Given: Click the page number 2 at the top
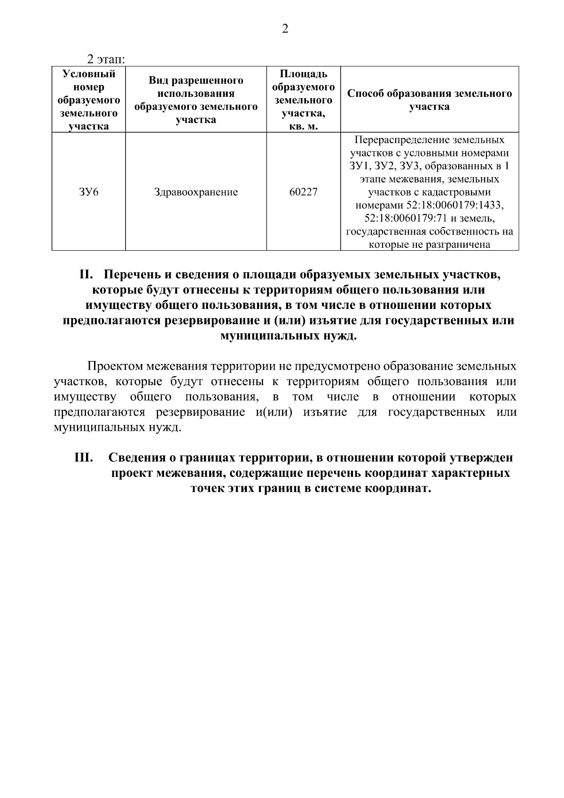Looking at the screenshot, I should coord(284,29).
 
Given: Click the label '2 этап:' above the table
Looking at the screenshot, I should coord(105,60).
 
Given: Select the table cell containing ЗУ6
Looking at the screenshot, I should coord(89,192).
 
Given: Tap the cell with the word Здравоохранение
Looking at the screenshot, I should coord(196,192).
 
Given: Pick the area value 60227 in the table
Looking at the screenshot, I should coord(303,192).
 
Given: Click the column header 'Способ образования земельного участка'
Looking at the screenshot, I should coord(429,100).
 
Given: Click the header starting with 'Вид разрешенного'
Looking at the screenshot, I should coord(196,81).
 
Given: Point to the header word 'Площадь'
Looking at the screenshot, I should coord(303,74).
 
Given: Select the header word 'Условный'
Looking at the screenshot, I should coord(89,74).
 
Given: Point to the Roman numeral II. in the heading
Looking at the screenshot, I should coord(87,275).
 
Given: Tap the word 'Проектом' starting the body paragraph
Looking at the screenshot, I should coord(115,366).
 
